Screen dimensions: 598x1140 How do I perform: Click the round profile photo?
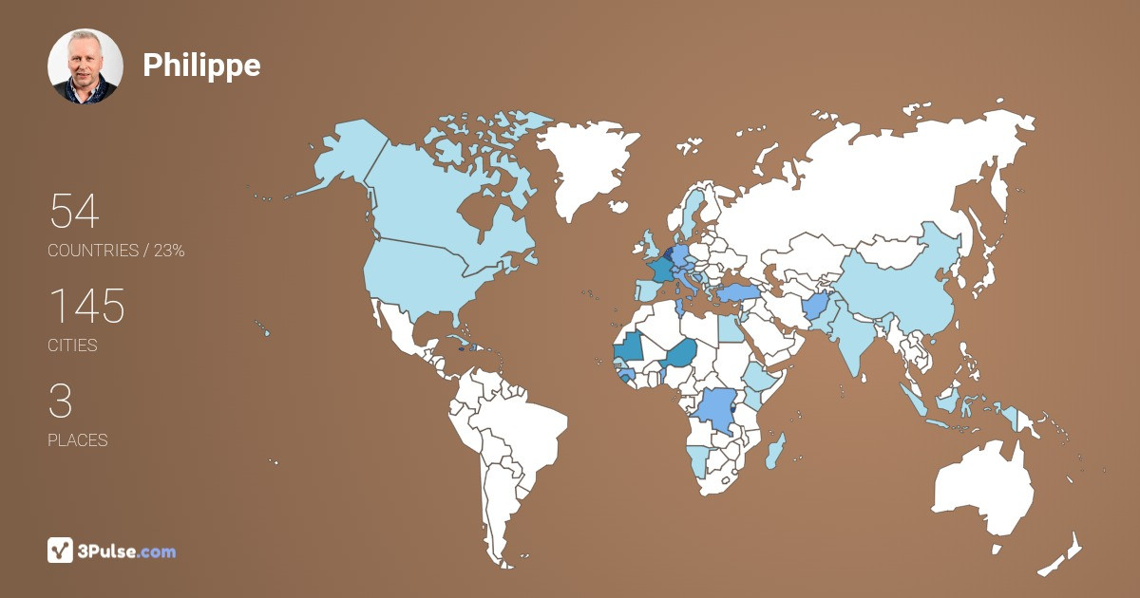(x=85, y=65)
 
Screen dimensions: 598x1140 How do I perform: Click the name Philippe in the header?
(x=201, y=65)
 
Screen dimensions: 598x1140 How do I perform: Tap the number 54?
(x=74, y=211)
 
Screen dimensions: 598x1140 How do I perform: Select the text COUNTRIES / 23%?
(x=116, y=251)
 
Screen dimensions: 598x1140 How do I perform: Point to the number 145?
(x=86, y=306)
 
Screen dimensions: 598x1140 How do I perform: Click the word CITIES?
(x=72, y=346)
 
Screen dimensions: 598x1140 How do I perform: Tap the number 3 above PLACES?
(x=61, y=401)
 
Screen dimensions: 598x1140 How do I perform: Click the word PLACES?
(x=77, y=440)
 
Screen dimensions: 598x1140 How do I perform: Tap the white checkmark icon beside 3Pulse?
(x=60, y=550)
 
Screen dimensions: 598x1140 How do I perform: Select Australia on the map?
(x=983, y=489)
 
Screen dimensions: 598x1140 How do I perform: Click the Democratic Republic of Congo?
(x=716, y=408)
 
